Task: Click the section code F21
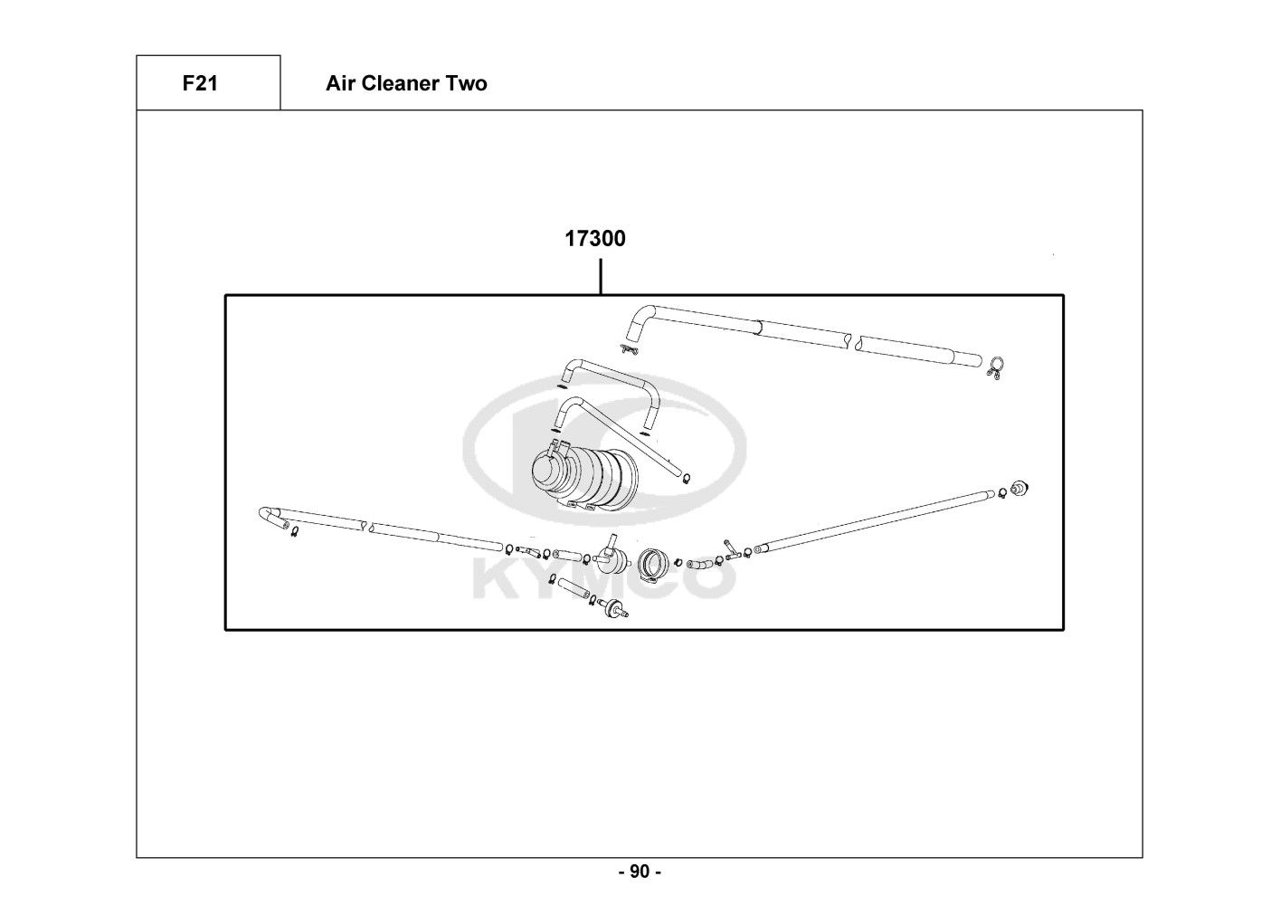[x=200, y=83]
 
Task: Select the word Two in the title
[x=468, y=83]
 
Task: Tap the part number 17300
[x=594, y=239]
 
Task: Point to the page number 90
[x=639, y=872]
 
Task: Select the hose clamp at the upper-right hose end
[x=996, y=367]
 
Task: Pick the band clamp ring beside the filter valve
[x=653, y=564]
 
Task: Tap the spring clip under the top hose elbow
[x=630, y=348]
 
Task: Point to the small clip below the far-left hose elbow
[x=294, y=533]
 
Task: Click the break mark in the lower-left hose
[x=366, y=525]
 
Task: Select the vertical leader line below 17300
[x=601, y=276]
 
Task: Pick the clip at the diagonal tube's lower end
[x=687, y=479]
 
